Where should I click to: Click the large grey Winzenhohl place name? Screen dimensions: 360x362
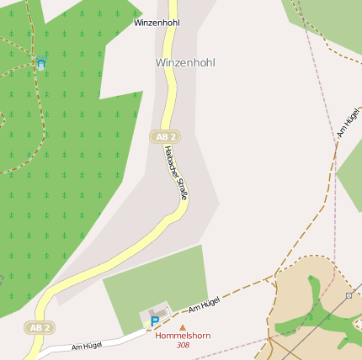(x=185, y=63)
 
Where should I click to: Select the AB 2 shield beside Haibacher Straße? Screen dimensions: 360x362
(x=166, y=136)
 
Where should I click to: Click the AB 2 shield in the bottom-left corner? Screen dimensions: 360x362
(x=40, y=327)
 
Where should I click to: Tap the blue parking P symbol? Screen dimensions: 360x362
(x=154, y=321)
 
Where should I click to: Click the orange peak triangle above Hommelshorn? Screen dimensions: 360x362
(x=183, y=327)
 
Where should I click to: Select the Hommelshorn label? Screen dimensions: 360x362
(x=183, y=336)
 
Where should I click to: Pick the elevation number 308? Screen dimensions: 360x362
(x=183, y=345)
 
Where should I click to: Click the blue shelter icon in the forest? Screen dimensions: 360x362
(x=40, y=63)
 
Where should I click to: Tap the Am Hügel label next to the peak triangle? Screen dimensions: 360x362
(x=204, y=304)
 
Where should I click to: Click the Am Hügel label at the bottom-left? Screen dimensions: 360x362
(x=87, y=345)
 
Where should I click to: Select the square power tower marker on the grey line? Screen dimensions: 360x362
(x=349, y=296)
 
